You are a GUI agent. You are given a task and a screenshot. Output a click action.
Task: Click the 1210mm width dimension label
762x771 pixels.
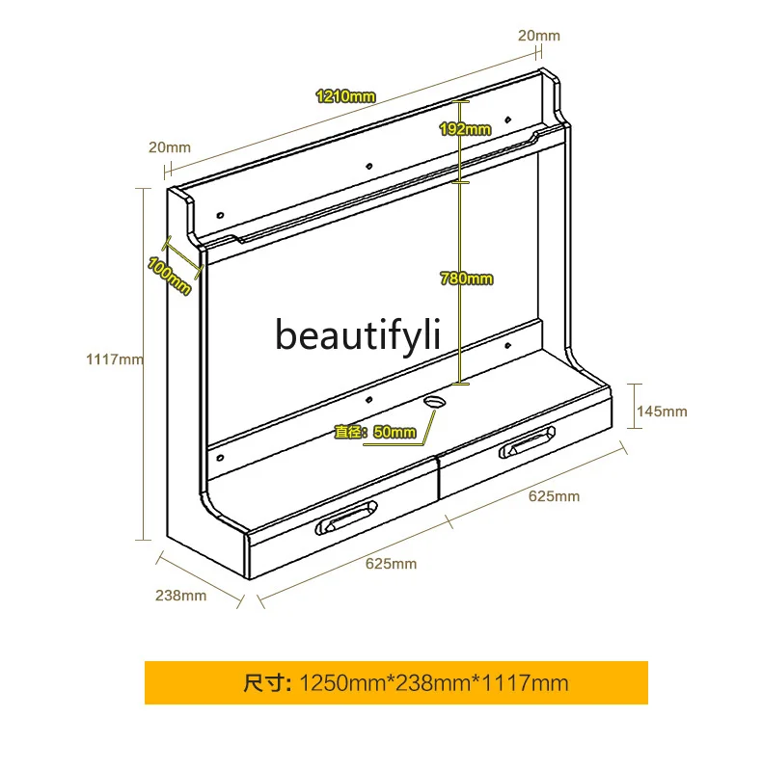(x=345, y=95)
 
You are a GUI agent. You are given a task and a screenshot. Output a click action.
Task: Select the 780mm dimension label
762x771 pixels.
(x=466, y=279)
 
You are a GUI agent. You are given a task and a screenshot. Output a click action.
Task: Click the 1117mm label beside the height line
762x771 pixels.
(x=115, y=359)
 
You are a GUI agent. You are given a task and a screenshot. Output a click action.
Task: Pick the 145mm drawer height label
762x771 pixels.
(x=662, y=412)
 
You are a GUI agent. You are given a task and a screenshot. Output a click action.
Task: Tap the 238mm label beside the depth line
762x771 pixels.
(x=180, y=595)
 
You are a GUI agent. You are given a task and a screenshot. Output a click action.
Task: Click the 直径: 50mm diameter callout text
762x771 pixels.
(x=375, y=433)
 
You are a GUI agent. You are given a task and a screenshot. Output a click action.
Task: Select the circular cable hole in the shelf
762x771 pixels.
(x=435, y=398)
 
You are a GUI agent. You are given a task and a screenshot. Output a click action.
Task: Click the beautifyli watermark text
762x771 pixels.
(x=358, y=334)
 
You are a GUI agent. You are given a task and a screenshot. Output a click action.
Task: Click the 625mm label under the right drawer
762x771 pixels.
(x=554, y=496)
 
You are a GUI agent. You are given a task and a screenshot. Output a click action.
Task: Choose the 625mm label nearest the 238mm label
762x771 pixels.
(x=391, y=563)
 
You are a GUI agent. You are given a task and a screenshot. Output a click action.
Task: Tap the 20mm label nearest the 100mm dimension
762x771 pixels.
(x=170, y=147)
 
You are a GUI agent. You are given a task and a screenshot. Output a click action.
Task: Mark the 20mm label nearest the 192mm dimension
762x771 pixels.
(x=539, y=36)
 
